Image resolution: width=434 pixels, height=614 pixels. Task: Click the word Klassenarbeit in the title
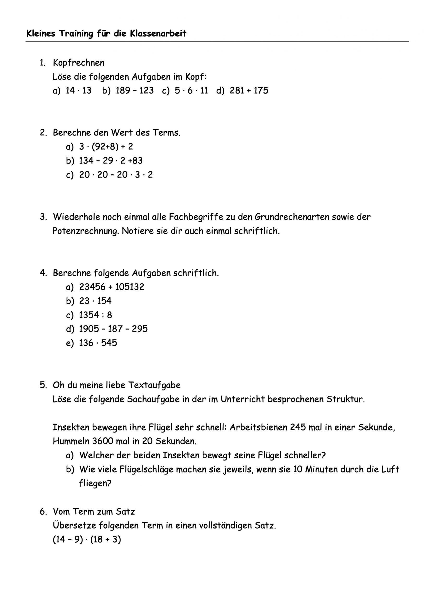pyautogui.click(x=158, y=34)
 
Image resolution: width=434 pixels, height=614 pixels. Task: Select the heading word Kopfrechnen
pyautogui.click(x=79, y=63)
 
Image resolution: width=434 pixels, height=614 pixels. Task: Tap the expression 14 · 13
pyautogui.click(x=78, y=91)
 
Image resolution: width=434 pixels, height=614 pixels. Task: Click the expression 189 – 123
pyautogui.click(x=135, y=91)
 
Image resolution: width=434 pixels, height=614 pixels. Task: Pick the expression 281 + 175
pyautogui.click(x=249, y=91)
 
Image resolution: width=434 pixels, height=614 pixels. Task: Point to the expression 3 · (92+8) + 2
pyautogui.click(x=106, y=147)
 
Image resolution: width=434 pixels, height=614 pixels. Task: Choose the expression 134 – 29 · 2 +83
pyautogui.click(x=111, y=161)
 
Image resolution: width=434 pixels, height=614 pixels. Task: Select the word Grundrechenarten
pyautogui.click(x=292, y=217)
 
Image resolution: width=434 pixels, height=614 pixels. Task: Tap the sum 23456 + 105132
pyautogui.click(x=112, y=287)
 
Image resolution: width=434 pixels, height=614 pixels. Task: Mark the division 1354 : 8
pyautogui.click(x=95, y=315)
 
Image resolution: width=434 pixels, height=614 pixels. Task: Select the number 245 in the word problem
pyautogui.click(x=298, y=427)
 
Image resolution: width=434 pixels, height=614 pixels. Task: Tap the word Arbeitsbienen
pyautogui.click(x=258, y=427)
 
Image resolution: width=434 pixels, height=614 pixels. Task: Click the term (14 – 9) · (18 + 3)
pyautogui.click(x=87, y=539)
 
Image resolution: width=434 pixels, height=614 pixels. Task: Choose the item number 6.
pyautogui.click(x=43, y=512)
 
